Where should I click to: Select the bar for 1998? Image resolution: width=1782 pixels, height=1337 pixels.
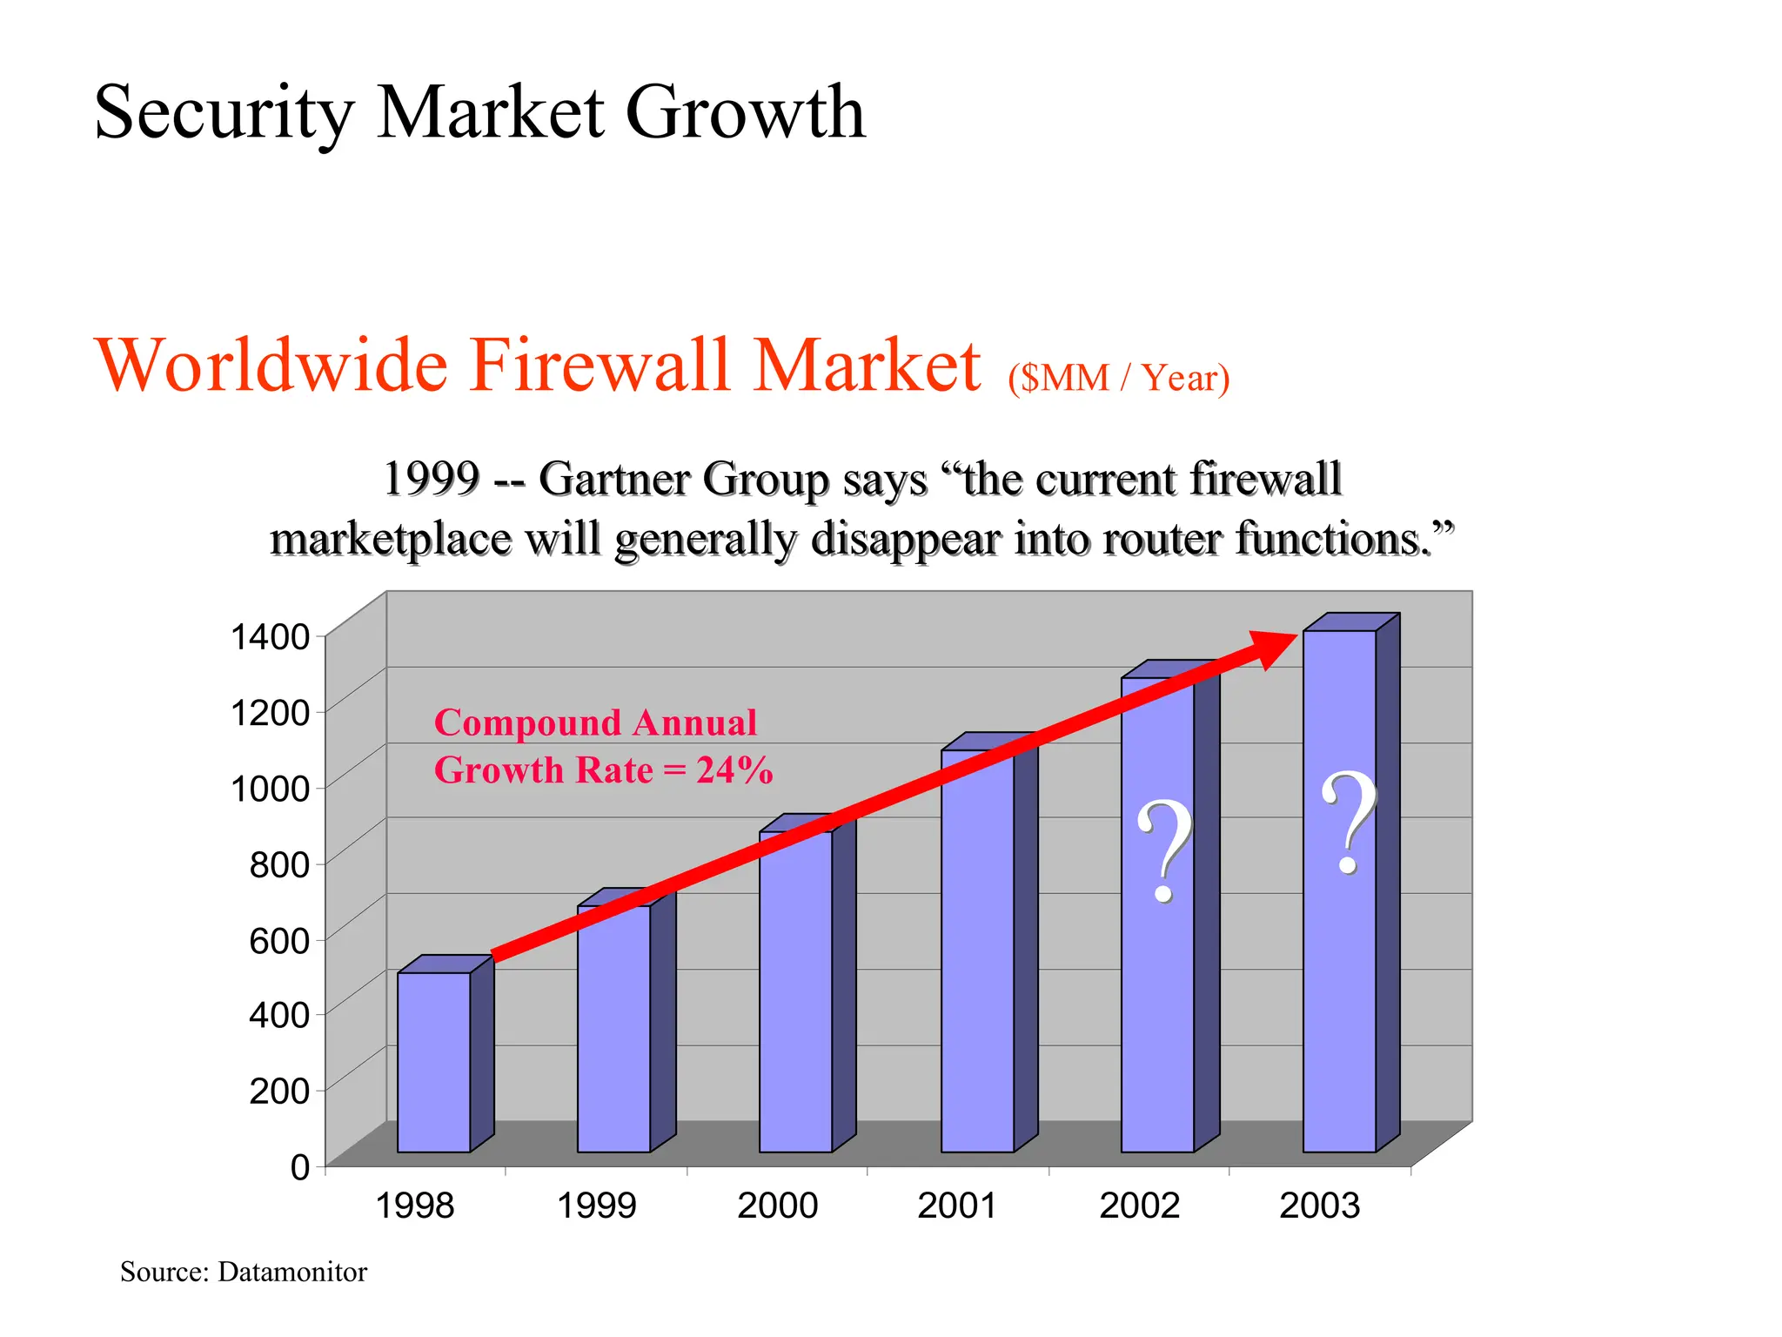pos(433,1062)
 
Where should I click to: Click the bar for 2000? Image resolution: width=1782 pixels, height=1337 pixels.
pos(795,992)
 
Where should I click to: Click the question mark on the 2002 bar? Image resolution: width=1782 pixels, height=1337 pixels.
pos(1164,851)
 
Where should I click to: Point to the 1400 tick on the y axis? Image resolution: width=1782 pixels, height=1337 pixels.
pos(270,637)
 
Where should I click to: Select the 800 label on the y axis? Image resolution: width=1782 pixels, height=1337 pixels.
pos(279,864)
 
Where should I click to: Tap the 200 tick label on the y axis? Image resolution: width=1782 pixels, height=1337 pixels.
pos(279,1091)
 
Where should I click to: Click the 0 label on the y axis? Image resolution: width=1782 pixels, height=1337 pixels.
pos(300,1166)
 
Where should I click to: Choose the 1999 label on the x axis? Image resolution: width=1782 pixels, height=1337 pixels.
pos(596,1206)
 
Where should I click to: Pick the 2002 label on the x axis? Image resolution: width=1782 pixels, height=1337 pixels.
pos(1139,1206)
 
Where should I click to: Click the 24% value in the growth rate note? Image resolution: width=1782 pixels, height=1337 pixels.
pos(734,770)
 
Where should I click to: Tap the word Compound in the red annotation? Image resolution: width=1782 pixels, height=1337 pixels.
pos(527,722)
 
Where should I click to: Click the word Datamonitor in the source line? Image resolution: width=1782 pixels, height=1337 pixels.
pos(292,1272)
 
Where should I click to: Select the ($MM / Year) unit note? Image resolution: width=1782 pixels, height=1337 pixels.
pos(1118,378)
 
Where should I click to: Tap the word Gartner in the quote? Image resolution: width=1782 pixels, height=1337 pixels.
pos(612,479)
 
